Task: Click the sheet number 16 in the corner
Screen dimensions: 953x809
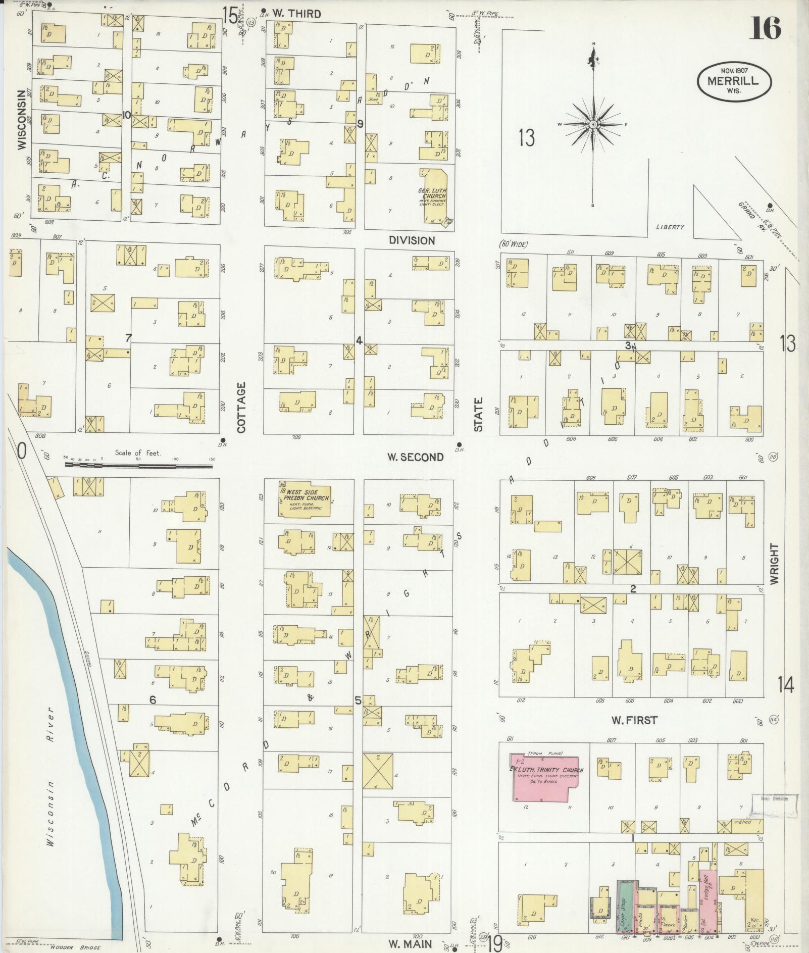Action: [x=765, y=29]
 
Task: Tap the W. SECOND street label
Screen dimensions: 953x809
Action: [x=415, y=457]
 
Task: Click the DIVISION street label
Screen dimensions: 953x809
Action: [x=412, y=240]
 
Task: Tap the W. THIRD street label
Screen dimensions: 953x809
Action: [x=297, y=14]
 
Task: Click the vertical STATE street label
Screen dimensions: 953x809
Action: [x=478, y=414]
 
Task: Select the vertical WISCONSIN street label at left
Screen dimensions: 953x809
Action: [x=21, y=120]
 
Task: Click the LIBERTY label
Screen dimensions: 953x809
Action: [x=670, y=227]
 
